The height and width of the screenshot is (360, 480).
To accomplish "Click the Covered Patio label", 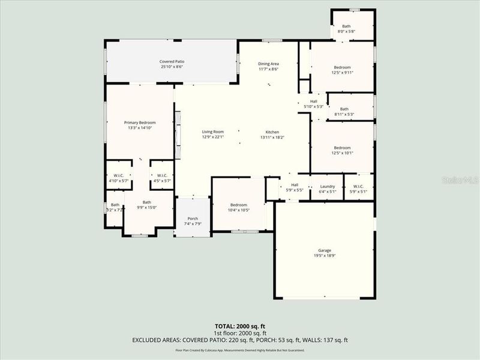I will pos(171,64).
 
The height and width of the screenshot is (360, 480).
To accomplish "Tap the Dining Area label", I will pos(268,66).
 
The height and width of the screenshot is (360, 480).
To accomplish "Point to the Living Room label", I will pos(212,134).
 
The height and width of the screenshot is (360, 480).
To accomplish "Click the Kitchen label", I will pos(272,134).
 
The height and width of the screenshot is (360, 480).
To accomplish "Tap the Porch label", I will pos(193,221).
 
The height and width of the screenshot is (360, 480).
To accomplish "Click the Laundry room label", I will pos(327,188).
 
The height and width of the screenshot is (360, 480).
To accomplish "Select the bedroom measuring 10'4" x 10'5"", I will pos(239,207).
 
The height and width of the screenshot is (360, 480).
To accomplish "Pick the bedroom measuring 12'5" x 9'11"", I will pos(342,70).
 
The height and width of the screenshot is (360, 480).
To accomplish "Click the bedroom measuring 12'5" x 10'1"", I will pos(342,150).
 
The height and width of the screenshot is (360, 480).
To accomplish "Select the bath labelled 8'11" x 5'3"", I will pos(344,111).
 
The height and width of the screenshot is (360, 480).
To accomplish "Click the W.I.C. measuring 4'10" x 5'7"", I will pos(118,178).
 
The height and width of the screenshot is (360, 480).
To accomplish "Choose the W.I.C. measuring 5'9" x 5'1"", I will pos(359,188).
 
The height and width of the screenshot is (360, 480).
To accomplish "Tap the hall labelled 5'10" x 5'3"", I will pos(313,104).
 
